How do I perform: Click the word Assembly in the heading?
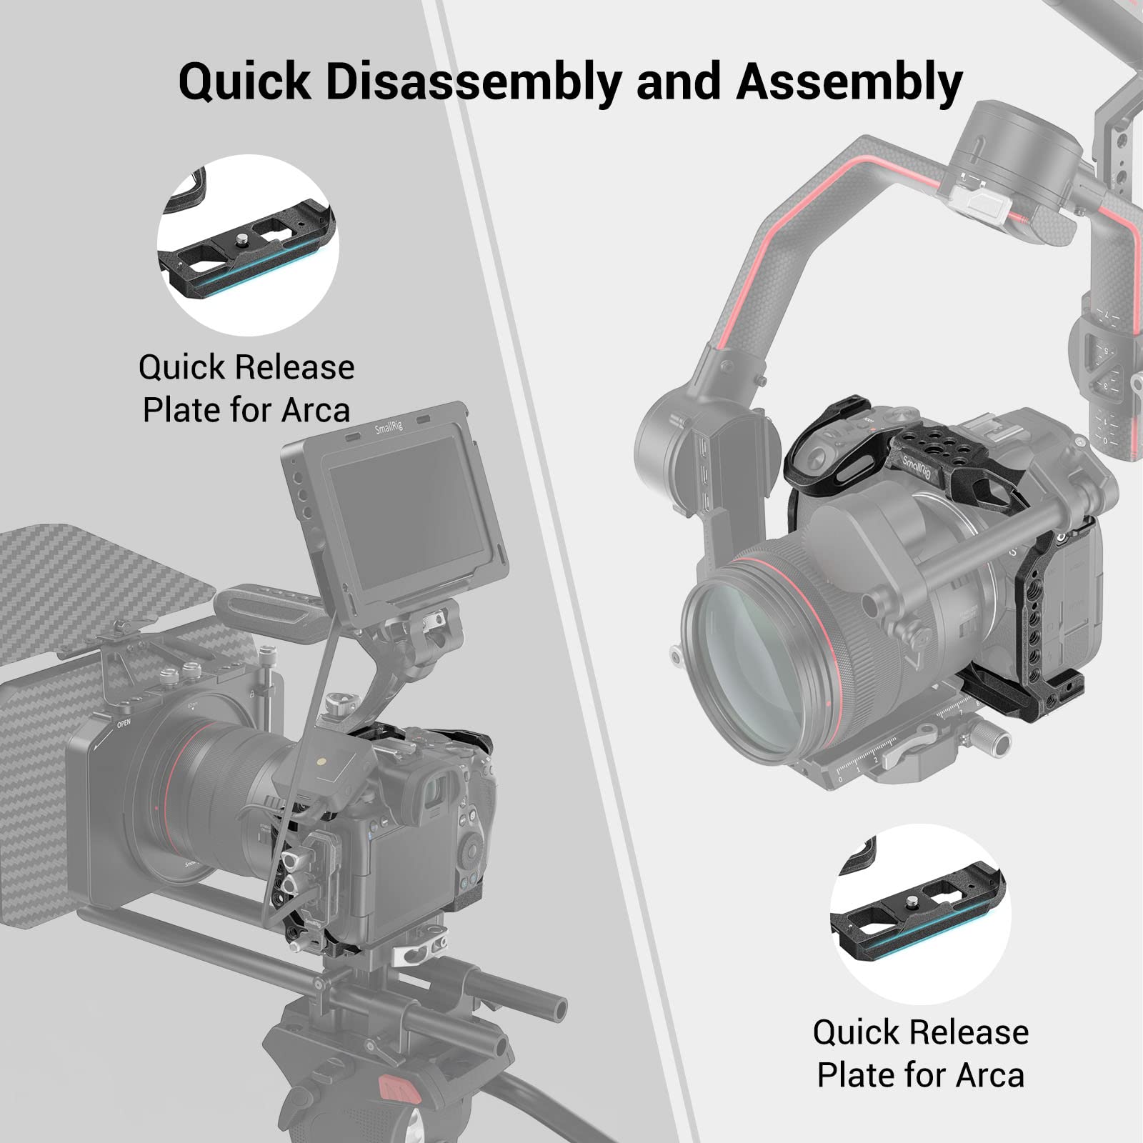point(849,82)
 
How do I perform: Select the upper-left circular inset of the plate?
point(248,245)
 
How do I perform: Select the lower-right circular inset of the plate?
point(920,914)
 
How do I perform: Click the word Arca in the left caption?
point(315,410)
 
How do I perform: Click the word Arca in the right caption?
point(989,1075)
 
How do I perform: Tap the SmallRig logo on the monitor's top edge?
point(389,428)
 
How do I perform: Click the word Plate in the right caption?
point(850,1075)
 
